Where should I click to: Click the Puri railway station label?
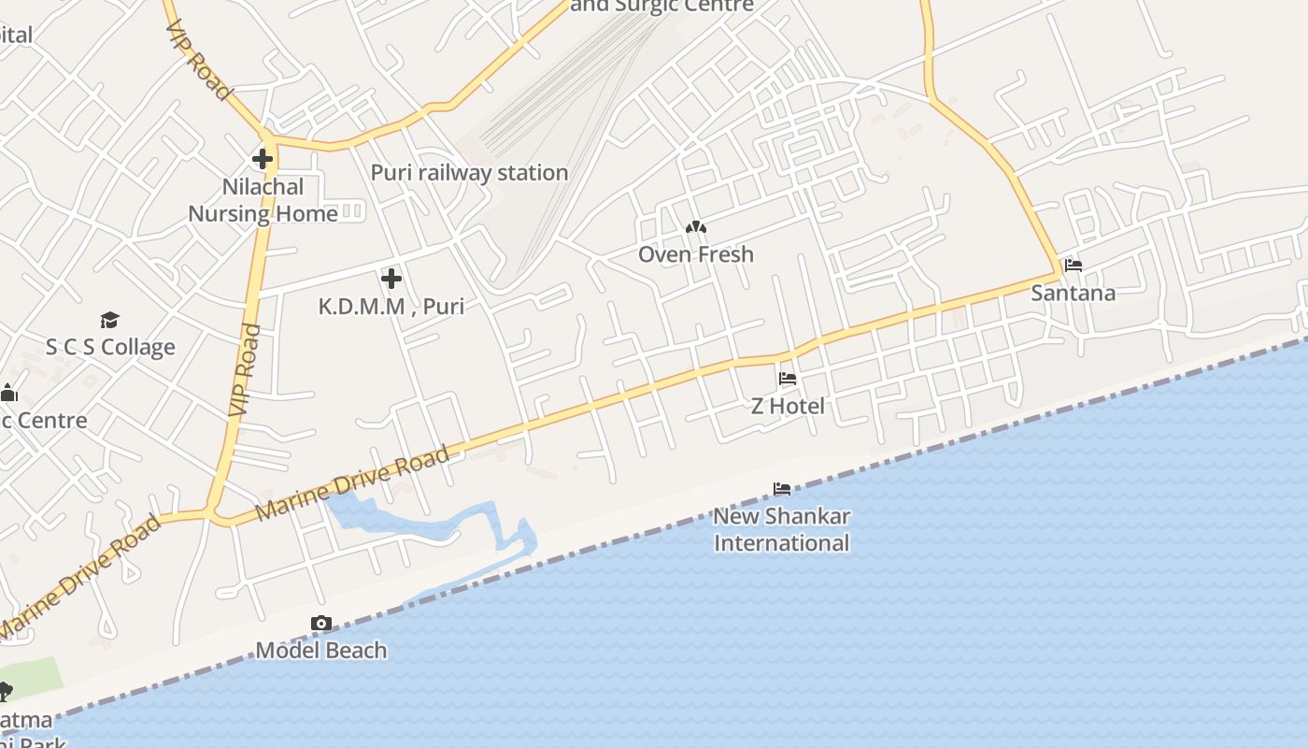(469, 173)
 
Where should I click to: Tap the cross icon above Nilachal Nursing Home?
(263, 158)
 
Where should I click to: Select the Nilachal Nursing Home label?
(263, 200)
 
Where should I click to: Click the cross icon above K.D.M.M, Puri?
(391, 278)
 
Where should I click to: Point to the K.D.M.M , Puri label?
(391, 306)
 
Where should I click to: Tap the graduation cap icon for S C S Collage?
(110, 321)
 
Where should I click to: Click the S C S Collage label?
(110, 347)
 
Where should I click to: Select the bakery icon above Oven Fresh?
(696, 227)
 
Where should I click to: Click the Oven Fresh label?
(696, 254)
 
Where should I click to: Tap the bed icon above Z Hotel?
(788, 379)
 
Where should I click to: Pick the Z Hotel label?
(789, 406)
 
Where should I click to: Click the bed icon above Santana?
(1073, 266)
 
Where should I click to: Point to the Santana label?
(1073, 293)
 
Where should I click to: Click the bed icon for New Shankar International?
(782, 489)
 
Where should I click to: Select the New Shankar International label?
(782, 529)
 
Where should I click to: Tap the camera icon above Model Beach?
(320, 623)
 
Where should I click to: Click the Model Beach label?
(320, 650)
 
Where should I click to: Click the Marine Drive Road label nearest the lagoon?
(352, 483)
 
